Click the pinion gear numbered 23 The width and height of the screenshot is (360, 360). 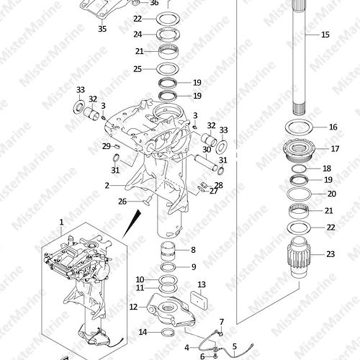pyautogui.click(x=299, y=257)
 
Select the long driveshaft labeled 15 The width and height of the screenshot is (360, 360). pyautogui.click(x=301, y=57)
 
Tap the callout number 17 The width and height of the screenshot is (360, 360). pyautogui.click(x=335, y=149)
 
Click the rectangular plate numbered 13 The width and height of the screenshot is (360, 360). pyautogui.click(x=199, y=300)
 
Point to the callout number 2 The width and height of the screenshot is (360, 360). pyautogui.click(x=107, y=186)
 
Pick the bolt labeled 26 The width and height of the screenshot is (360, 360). pyautogui.click(x=148, y=200)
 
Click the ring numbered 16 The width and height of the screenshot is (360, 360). pyautogui.click(x=299, y=127)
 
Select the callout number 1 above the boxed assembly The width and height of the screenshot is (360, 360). pyautogui.click(x=61, y=222)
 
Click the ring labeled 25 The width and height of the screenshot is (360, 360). pyautogui.click(x=168, y=69)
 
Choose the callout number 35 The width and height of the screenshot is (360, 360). pyautogui.click(x=102, y=29)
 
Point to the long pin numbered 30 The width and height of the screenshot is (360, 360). pyautogui.click(x=206, y=163)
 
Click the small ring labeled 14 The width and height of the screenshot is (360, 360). pyautogui.click(x=168, y=333)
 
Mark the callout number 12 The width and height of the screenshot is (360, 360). pyautogui.click(x=133, y=307)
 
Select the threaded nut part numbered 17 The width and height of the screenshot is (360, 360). pyautogui.click(x=298, y=150)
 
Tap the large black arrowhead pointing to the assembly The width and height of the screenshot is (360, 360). pyautogui.click(x=132, y=224)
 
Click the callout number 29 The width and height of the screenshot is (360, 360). pyautogui.click(x=107, y=146)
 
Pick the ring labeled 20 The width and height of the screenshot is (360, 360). pyautogui.click(x=299, y=194)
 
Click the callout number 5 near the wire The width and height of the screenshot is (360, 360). pyautogui.click(x=235, y=346)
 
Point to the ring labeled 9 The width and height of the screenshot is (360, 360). pyautogui.click(x=168, y=266)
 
